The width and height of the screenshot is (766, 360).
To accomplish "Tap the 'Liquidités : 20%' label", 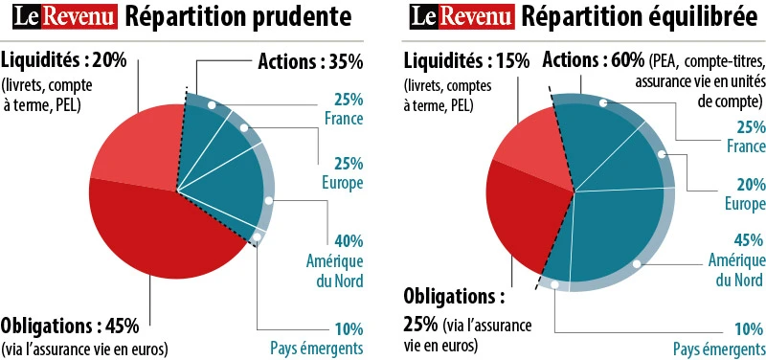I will coord(64,60).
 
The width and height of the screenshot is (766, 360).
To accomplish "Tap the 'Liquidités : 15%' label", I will coord(466,60).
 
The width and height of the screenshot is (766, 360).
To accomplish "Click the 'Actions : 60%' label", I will coord(593,60).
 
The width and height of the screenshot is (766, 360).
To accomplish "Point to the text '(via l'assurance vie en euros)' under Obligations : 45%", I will coord(85,347).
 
